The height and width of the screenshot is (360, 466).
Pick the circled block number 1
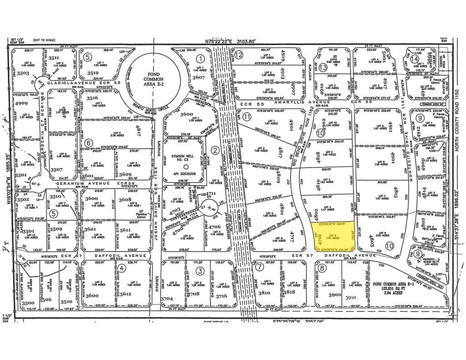(x=200, y=58)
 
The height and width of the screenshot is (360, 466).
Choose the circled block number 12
(x=238, y=55)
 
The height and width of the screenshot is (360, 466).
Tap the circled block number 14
(x=414, y=59)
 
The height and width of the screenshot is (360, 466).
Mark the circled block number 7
(x=259, y=268)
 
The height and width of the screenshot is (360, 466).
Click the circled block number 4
(x=122, y=268)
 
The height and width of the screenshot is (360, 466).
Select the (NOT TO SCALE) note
(x=43, y=40)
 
